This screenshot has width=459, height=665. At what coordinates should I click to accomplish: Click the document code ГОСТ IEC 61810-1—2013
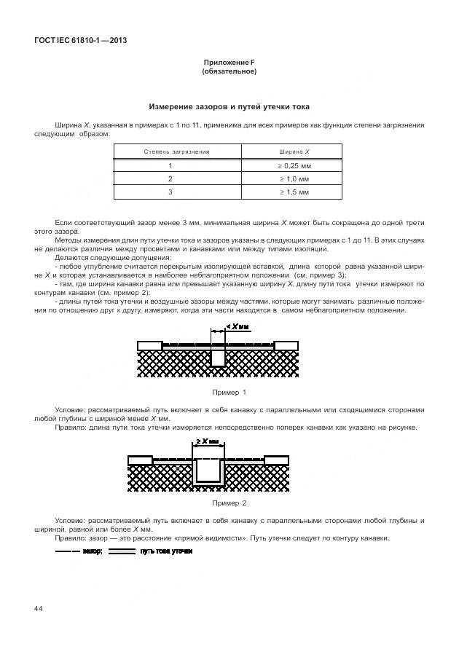(x=81, y=40)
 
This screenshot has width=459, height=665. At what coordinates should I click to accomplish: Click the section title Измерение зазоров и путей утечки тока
(x=229, y=107)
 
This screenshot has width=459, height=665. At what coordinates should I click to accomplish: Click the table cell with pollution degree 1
(x=170, y=165)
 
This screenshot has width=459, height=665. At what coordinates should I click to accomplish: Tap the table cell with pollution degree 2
(x=170, y=178)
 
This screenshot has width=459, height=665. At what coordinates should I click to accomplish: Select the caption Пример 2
(x=229, y=503)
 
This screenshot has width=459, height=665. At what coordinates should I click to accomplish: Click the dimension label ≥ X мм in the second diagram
(x=209, y=441)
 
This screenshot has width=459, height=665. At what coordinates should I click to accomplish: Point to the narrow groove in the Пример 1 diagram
(x=218, y=355)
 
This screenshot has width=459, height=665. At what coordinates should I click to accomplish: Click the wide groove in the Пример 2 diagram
(x=210, y=470)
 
